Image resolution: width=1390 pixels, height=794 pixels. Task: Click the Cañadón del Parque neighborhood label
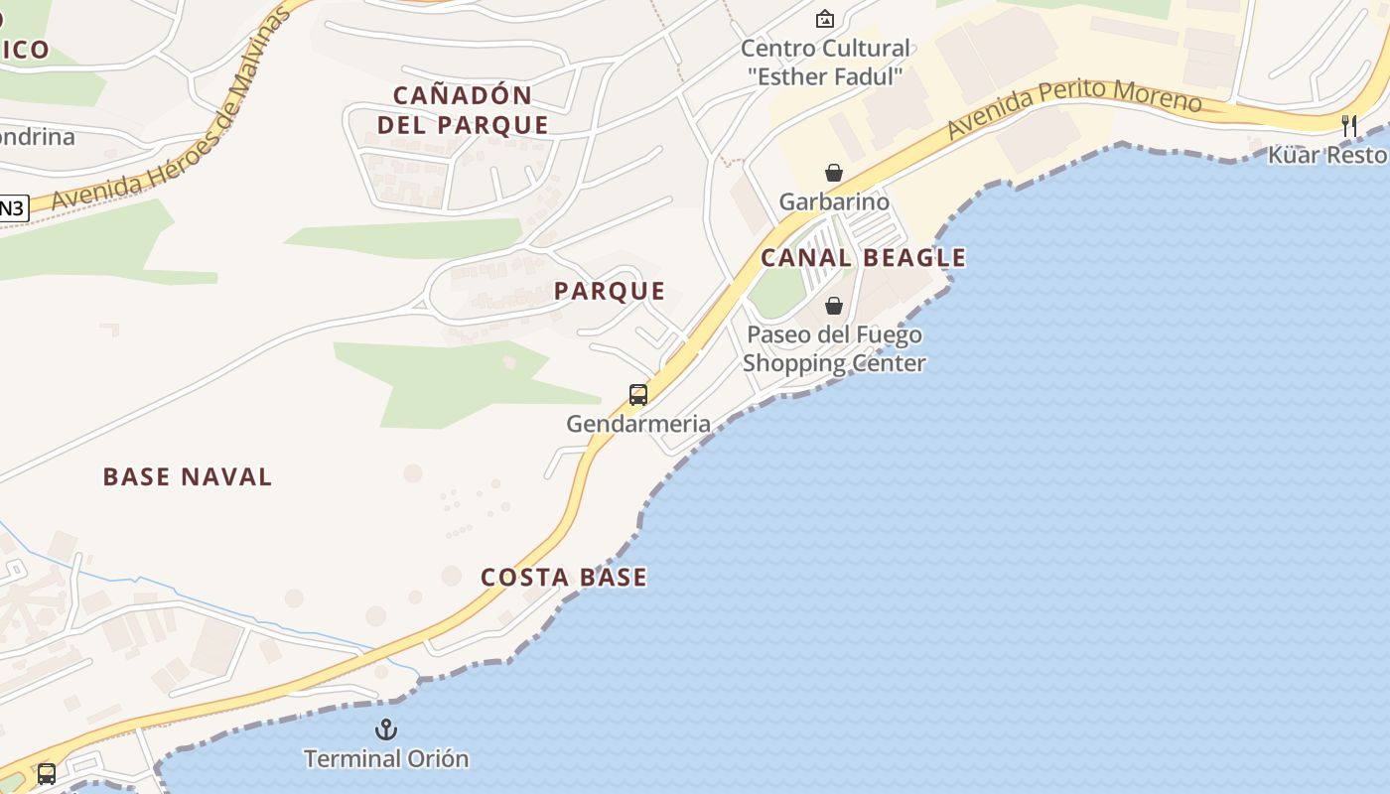471,110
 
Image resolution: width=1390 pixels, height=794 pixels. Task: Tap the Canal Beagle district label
863,258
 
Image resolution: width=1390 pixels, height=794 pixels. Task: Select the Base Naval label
188,477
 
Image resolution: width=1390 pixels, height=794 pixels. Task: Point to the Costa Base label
564,578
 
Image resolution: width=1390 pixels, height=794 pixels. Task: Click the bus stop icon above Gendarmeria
638,395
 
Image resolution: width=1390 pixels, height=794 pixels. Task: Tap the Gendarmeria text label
638,424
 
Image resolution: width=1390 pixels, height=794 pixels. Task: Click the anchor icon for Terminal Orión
386,730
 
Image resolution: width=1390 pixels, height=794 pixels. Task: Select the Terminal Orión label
386,759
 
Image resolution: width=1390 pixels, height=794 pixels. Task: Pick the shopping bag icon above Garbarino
834,174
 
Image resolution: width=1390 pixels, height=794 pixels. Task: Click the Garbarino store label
834,202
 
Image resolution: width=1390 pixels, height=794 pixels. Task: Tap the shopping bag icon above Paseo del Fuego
834,306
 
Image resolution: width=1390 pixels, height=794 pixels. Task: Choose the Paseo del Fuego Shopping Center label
834,348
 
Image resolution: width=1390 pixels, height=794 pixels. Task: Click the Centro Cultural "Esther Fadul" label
825,62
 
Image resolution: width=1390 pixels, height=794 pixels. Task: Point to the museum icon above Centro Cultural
824,19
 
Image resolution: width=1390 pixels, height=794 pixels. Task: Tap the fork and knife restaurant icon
1348,126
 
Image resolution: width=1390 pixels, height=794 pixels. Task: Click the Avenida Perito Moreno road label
1073,108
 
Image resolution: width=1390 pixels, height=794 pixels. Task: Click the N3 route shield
12,208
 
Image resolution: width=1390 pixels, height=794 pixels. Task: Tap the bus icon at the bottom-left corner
47,773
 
